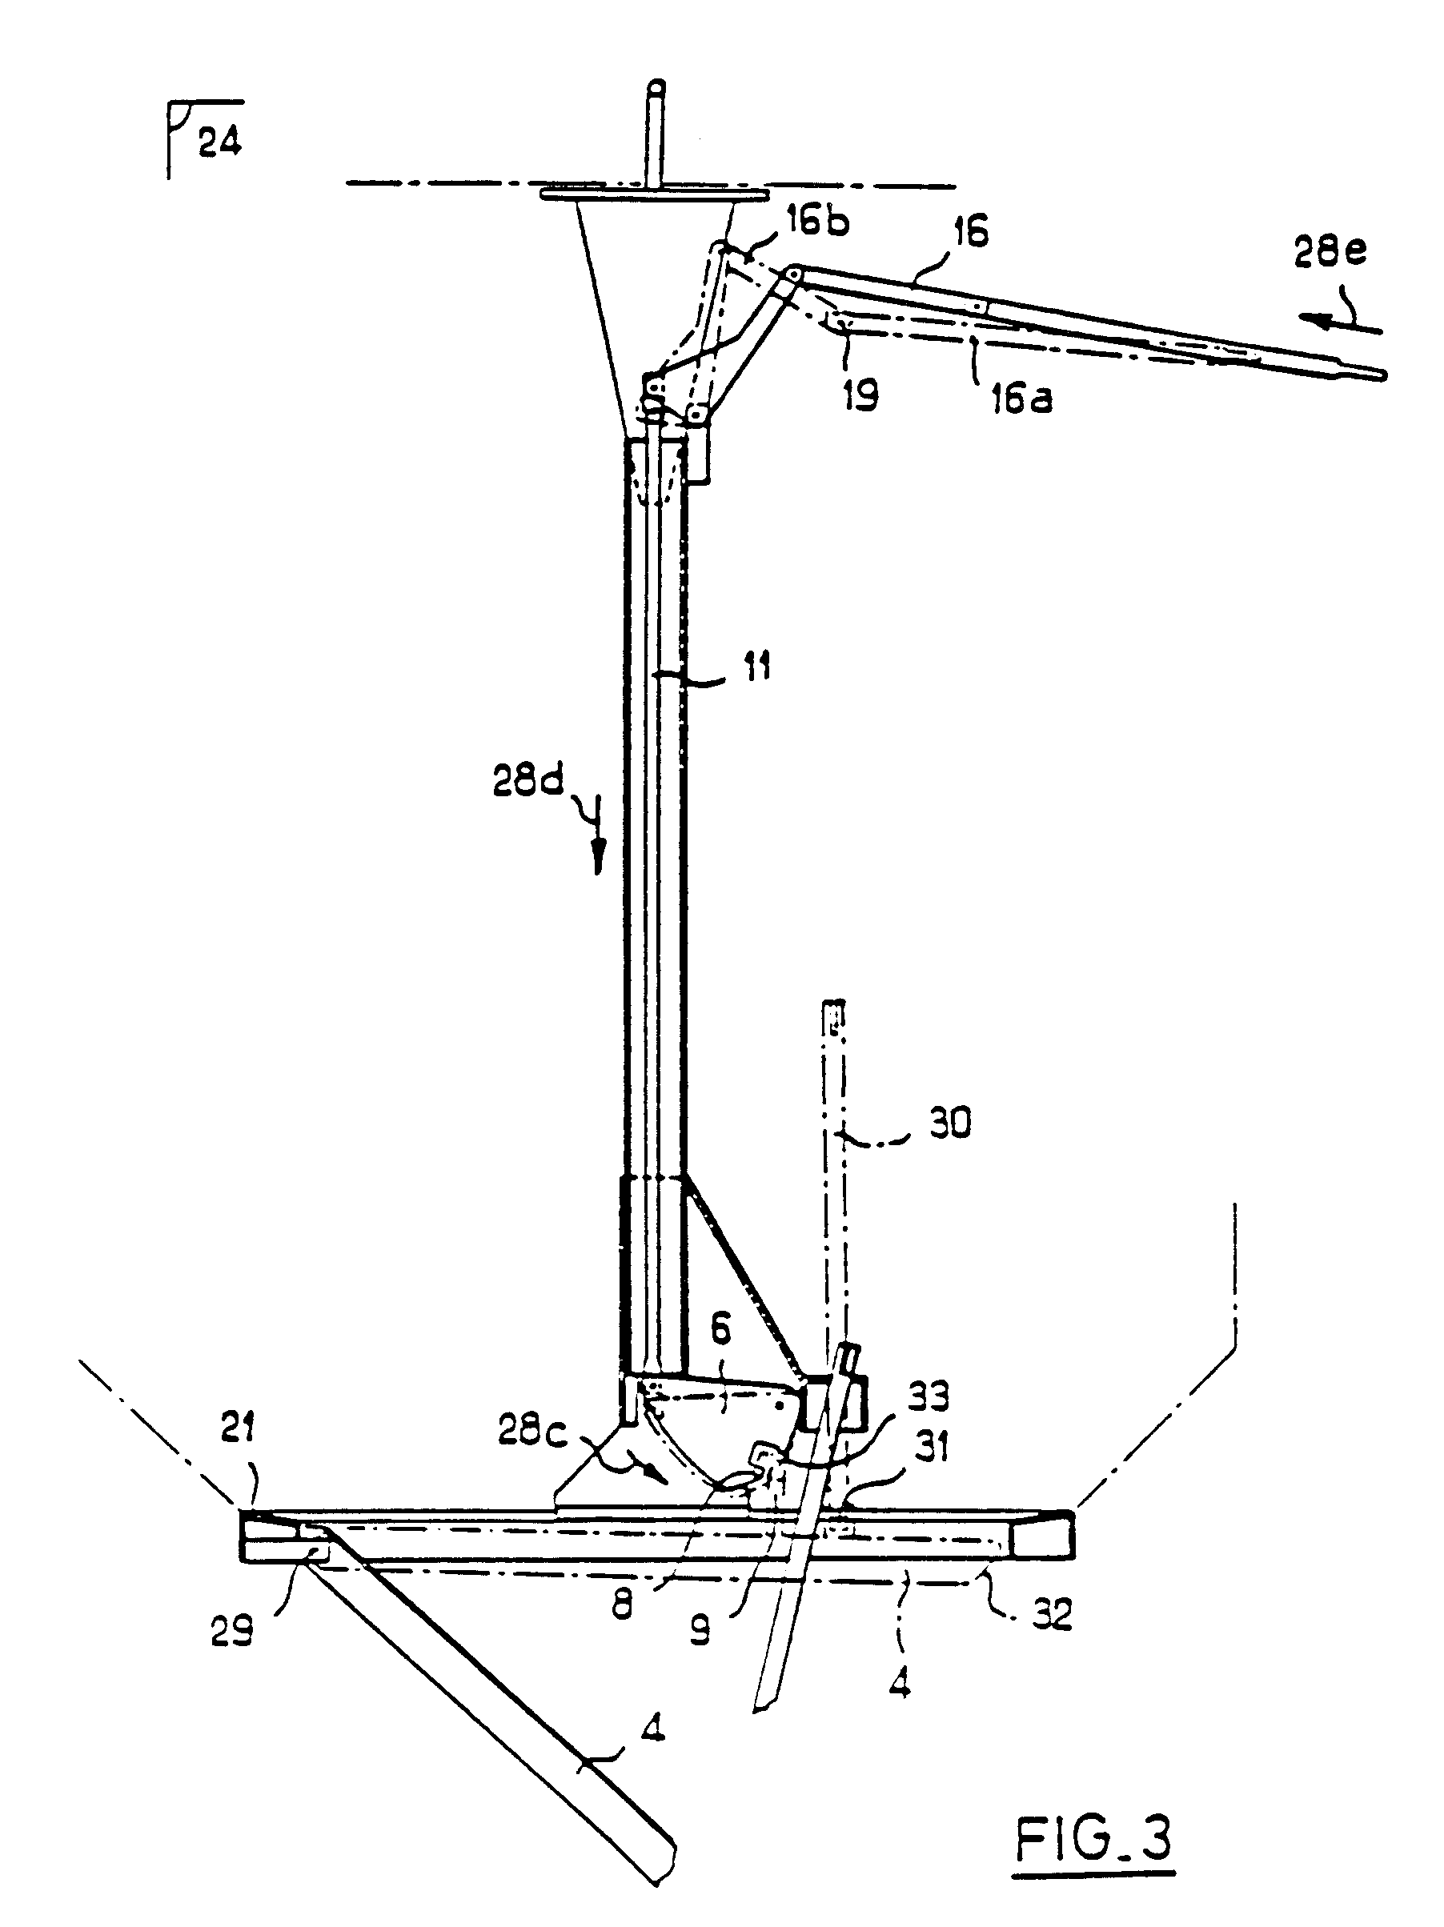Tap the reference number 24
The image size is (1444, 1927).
point(219,141)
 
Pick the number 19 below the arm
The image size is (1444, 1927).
point(860,395)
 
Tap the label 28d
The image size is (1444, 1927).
point(528,780)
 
